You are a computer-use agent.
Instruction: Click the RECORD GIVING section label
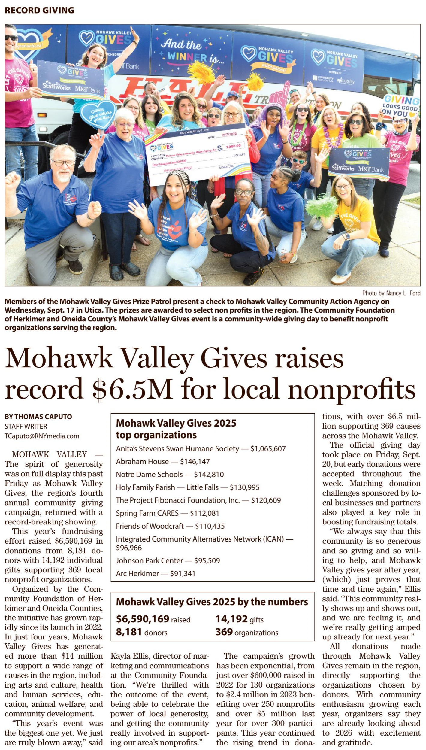(x=39, y=10)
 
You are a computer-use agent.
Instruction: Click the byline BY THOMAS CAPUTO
(x=38, y=417)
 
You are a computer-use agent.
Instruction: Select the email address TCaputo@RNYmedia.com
(x=42, y=436)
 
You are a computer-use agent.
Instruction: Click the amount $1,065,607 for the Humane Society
(x=268, y=449)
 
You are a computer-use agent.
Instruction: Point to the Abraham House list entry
(x=163, y=462)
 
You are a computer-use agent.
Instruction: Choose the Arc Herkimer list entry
(x=156, y=573)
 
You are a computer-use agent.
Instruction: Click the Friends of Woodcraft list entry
(x=170, y=526)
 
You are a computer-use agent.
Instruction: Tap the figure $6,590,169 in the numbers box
(x=143, y=619)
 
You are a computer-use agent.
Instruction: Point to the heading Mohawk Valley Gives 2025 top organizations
(x=176, y=429)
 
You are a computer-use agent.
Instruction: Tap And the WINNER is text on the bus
(x=192, y=51)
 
